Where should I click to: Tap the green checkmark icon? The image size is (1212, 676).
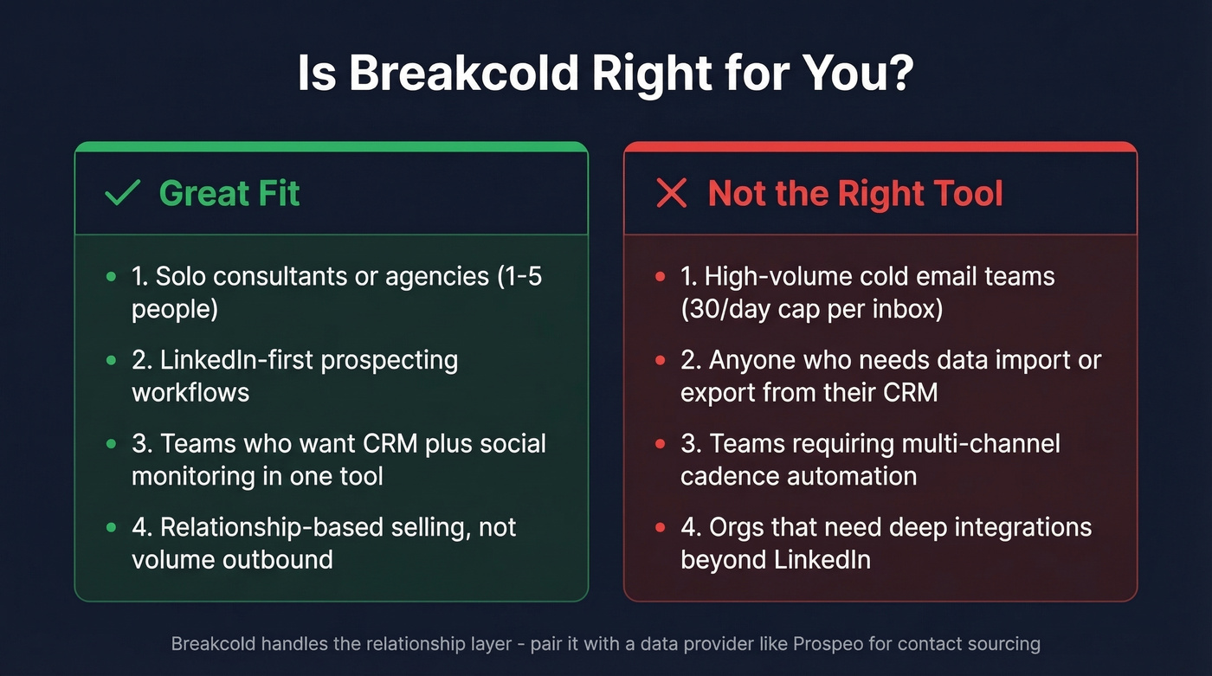pyautogui.click(x=122, y=193)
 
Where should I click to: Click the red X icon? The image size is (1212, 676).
pyautogui.click(x=672, y=193)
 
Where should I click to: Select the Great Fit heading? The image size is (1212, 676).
pyautogui.click(x=229, y=193)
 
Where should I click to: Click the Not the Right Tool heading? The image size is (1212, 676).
pyautogui.click(x=855, y=193)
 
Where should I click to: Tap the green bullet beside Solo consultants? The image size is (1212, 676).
pyautogui.click(x=110, y=277)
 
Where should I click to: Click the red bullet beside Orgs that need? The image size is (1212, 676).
pyautogui.click(x=660, y=527)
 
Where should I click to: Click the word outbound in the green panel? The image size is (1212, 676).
pyautogui.click(x=283, y=559)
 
